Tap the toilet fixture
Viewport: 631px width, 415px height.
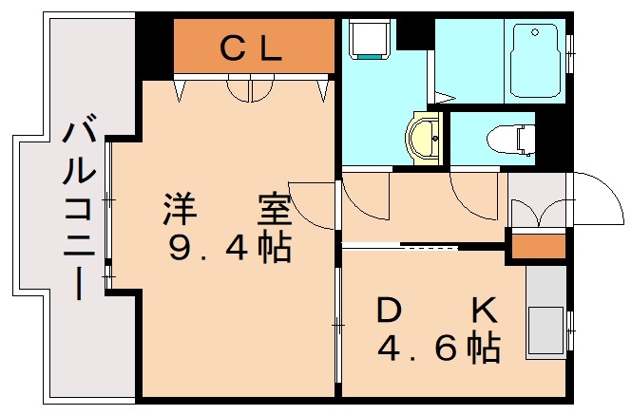tap(509, 140)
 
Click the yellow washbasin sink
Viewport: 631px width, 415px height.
tap(422, 138)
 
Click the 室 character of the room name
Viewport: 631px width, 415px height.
tap(272, 207)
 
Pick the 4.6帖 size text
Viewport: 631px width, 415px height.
tap(438, 349)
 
